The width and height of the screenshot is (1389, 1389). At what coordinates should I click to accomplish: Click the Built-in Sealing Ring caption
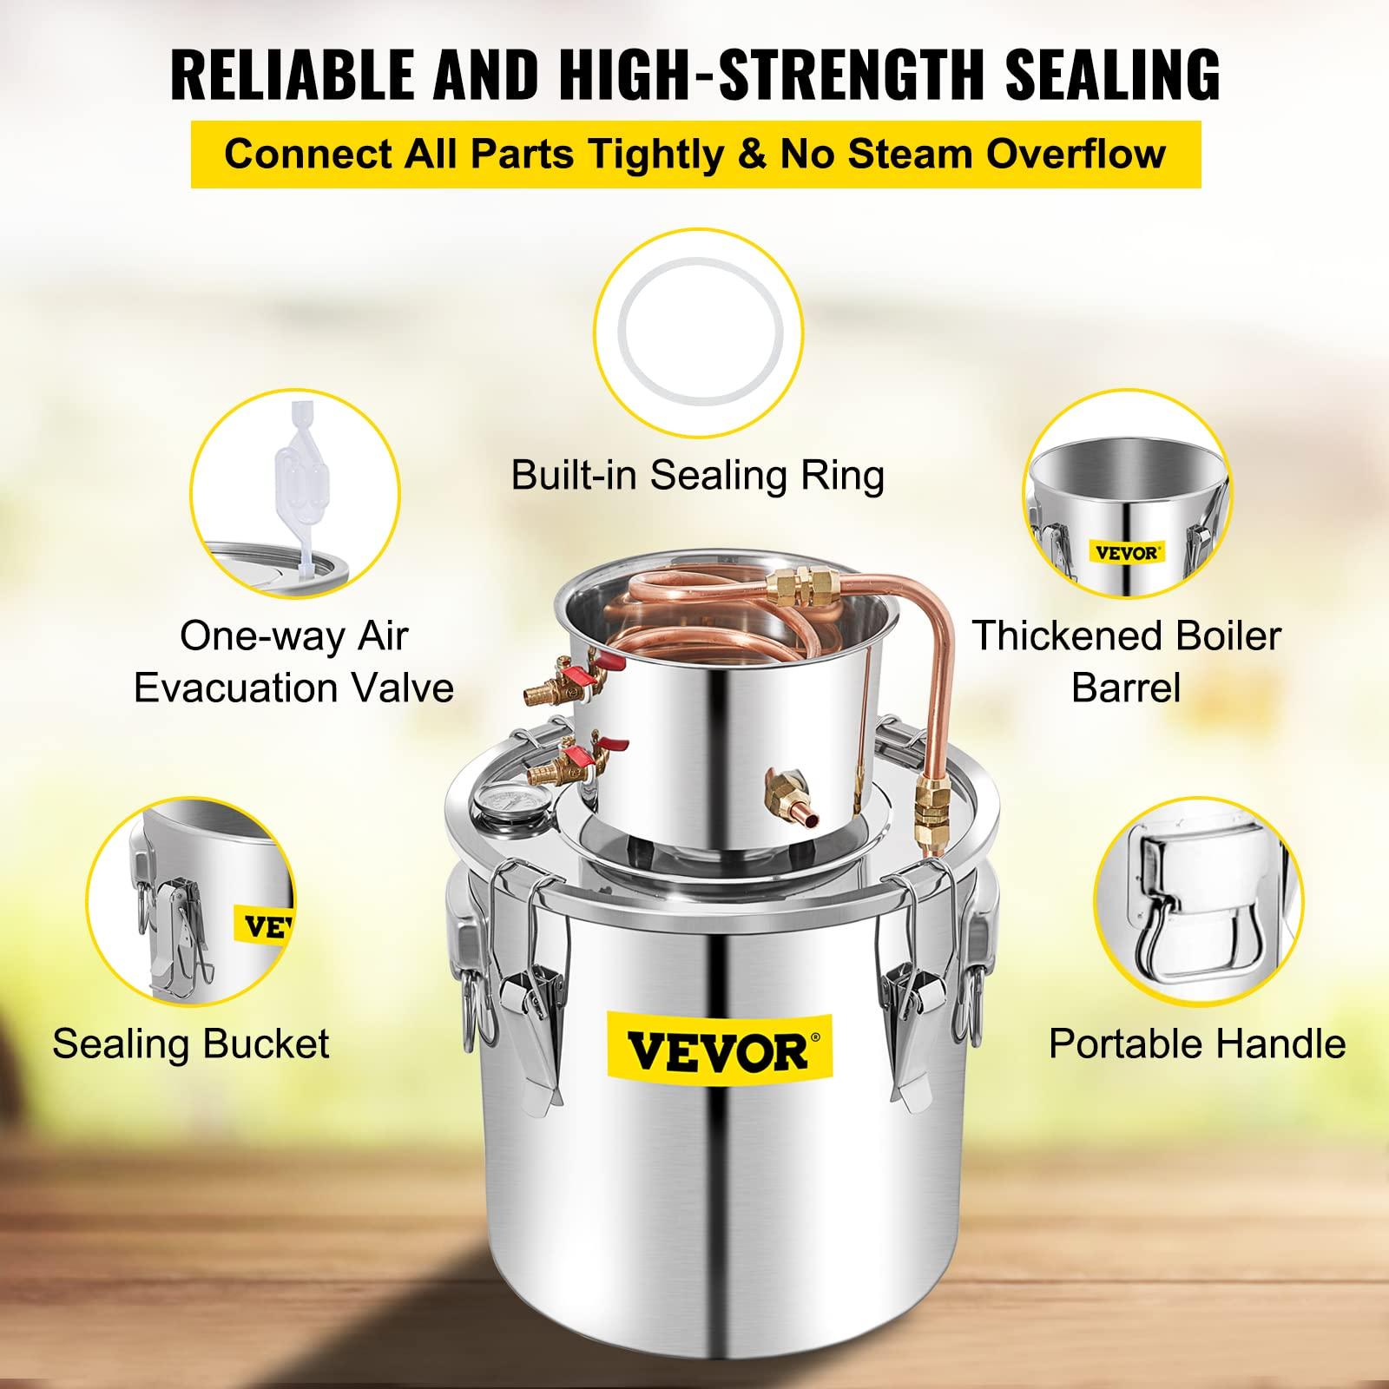click(x=698, y=475)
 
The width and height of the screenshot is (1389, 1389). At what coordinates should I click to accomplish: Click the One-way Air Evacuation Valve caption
click(x=293, y=662)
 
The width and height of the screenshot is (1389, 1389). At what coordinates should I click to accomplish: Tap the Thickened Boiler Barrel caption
click(x=1126, y=662)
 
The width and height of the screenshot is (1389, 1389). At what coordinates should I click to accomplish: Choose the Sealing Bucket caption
click(x=191, y=1043)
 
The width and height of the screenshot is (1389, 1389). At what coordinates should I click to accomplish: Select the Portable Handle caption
click(x=1197, y=1043)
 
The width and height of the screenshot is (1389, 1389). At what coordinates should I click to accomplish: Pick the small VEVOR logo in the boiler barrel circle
click(x=1127, y=552)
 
